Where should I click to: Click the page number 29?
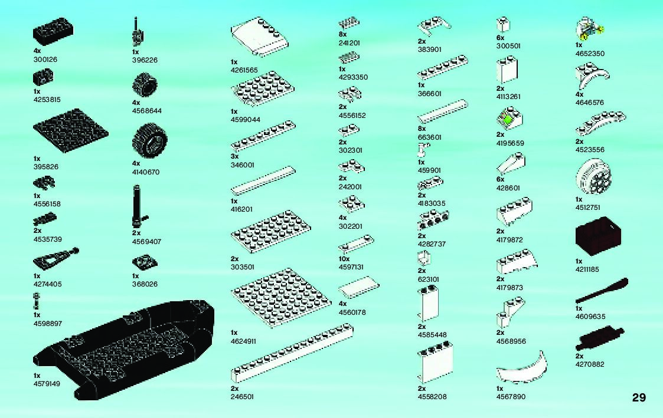[x=638, y=397]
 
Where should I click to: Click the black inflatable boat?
[x=124, y=348]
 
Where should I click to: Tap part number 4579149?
[x=48, y=383]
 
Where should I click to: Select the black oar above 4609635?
[x=601, y=291]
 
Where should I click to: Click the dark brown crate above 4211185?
[x=599, y=235]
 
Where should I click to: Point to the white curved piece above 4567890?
[x=522, y=370]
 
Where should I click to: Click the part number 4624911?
[x=244, y=341]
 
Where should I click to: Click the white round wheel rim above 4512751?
[x=593, y=176]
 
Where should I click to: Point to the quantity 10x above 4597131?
[x=344, y=259]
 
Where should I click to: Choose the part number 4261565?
[x=244, y=70]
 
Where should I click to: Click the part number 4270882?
[x=590, y=364]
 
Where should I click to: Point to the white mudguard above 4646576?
[x=592, y=77]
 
